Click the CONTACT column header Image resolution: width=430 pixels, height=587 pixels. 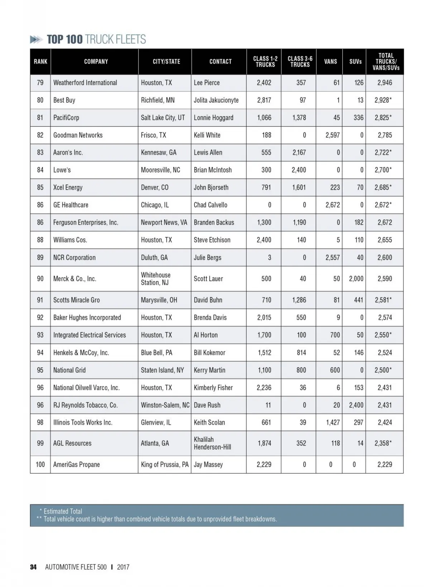coord(220,62)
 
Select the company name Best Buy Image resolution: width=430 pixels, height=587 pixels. coord(64,100)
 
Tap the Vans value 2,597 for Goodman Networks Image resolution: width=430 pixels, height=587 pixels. coord(332,135)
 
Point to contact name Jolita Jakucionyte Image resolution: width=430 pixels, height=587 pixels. coord(216,100)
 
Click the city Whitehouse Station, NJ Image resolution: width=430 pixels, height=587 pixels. coord(156,279)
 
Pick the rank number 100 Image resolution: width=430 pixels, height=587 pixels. coord(40,464)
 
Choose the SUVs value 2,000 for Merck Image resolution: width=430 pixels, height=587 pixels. coord(356,279)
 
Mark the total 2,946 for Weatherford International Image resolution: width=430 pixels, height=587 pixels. coord(384,83)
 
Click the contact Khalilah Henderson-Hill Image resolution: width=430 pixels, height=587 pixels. coord(212,443)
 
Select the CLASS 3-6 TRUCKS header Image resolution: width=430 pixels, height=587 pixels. coord(300,62)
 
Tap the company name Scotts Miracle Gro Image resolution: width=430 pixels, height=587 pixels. coord(76,300)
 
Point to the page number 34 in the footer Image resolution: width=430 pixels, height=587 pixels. coord(33,567)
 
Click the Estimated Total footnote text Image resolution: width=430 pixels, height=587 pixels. coord(63,511)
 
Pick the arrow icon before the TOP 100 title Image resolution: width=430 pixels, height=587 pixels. coord(36,39)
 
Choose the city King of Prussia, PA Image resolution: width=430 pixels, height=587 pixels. coord(164,464)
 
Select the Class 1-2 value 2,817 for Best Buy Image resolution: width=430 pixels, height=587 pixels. coord(264,100)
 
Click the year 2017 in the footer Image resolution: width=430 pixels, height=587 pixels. coord(123,567)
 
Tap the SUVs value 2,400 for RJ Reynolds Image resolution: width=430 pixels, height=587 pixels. coord(356,405)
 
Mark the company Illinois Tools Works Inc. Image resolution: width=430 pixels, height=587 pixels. coord(83,423)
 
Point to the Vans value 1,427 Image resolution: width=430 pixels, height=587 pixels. coord(333,423)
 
